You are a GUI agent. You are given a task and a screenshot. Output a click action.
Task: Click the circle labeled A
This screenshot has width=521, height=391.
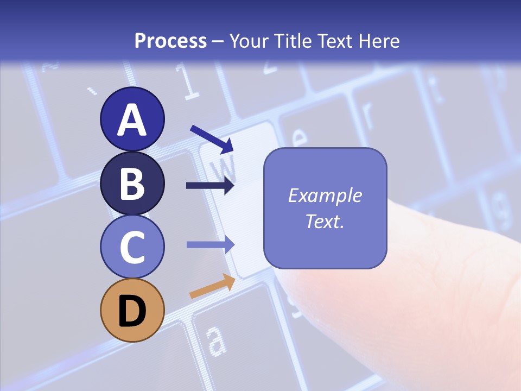click(x=132, y=119)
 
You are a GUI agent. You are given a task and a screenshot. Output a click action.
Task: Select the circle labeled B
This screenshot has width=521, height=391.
click(x=132, y=183)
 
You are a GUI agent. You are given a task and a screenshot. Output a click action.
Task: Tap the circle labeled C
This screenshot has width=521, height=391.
click(x=132, y=247)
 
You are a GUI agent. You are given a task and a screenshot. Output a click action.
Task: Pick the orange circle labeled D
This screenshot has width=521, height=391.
click(x=132, y=310)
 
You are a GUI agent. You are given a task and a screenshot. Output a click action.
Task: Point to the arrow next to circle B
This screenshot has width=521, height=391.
click(x=210, y=186)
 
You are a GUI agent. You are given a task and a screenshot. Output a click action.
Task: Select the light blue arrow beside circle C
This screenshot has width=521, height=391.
click(x=210, y=244)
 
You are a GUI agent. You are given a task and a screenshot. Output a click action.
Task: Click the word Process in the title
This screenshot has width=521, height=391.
click(x=170, y=41)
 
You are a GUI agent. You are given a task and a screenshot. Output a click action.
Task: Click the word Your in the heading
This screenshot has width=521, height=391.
click(x=247, y=41)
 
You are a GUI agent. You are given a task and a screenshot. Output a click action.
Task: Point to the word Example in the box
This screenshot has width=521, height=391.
click(x=325, y=195)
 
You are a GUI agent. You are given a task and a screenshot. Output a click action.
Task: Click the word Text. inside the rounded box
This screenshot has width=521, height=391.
click(x=325, y=222)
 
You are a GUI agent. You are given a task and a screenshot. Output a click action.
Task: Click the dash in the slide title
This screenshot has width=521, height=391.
click(x=218, y=41)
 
